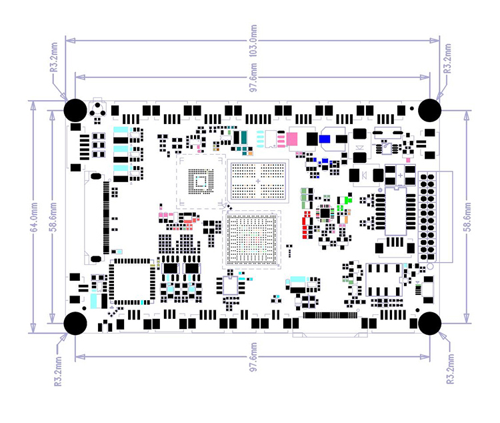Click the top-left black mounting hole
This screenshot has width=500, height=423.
[x=75, y=109]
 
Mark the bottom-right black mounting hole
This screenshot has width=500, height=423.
[x=431, y=324]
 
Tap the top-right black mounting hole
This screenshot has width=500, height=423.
[x=431, y=109]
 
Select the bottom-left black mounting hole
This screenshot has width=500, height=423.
[x=75, y=324]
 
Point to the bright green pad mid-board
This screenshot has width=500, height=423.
[x=347, y=199]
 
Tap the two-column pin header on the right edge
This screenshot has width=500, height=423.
[x=427, y=218]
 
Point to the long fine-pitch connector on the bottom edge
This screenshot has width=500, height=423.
[x=331, y=314]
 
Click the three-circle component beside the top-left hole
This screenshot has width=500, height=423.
[x=99, y=111]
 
